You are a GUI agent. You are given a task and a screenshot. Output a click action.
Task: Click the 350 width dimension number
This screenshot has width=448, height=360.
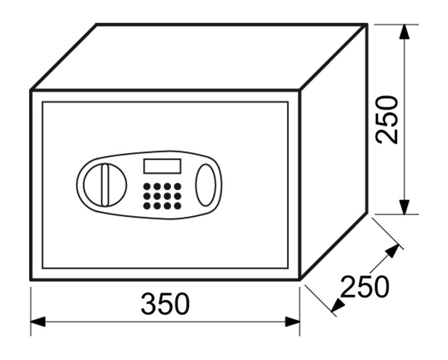(165, 304)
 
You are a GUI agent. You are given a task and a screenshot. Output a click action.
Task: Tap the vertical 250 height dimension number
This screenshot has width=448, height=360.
(387, 120)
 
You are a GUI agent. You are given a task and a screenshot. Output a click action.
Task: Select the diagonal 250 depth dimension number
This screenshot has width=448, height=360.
(365, 287)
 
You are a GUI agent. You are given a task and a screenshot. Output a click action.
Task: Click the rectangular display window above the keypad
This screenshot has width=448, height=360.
(162, 166)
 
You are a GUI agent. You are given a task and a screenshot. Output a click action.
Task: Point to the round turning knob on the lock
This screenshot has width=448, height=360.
(105, 185)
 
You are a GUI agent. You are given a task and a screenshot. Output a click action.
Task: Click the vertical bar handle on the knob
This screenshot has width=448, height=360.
(105, 185)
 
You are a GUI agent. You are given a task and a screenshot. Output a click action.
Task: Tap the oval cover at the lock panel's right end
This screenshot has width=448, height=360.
(206, 185)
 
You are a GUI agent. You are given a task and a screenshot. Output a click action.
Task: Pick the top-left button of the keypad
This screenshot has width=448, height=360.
(147, 187)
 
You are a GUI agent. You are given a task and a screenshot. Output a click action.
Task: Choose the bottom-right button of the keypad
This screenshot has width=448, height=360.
(178, 206)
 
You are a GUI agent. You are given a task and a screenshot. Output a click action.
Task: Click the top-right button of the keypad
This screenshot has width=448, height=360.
(178, 187)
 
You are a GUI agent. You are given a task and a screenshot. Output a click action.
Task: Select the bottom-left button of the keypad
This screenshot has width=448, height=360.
(147, 206)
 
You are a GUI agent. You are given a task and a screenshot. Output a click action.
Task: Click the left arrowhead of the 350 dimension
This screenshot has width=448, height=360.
(38, 321)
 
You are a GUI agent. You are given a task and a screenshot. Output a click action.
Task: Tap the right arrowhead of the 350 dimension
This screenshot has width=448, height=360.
(293, 321)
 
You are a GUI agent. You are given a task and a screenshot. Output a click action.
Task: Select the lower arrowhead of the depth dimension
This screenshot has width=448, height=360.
(338, 305)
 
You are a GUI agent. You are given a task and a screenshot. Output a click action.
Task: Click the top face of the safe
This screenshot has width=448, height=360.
(198, 57)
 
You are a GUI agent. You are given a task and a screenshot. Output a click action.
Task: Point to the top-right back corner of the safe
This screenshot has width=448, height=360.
(366, 25)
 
